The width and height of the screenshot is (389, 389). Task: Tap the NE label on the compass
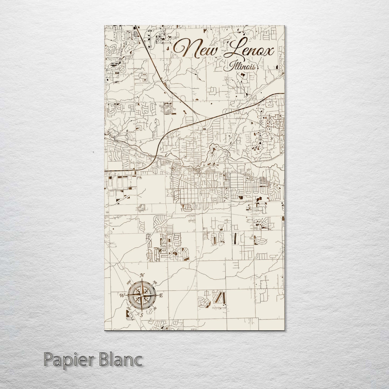[x=155, y=282]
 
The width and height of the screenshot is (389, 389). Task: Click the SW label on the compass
[x=129, y=309]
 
